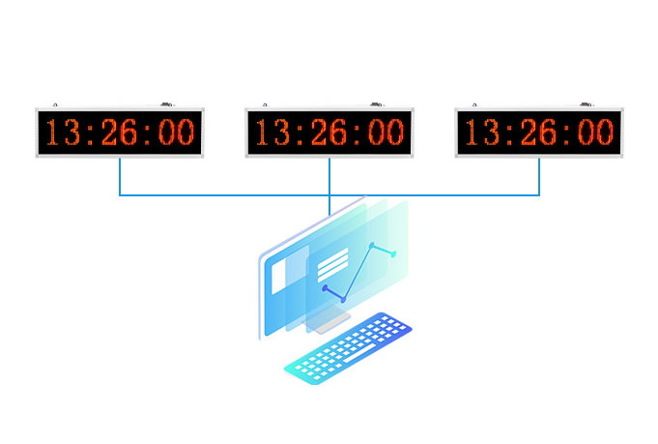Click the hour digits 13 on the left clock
tap(63, 133)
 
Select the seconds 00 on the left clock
tap(175, 133)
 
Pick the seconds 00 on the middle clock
tap(385, 133)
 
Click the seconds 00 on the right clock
tap(594, 133)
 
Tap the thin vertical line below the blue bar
tap(329, 206)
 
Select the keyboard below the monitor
tap(348, 346)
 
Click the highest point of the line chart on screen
tap(372, 245)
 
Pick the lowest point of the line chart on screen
tap(343, 300)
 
